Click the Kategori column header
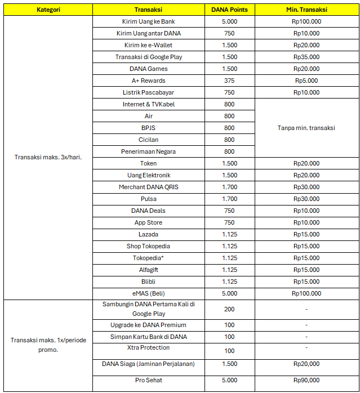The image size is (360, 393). (x=48, y=10)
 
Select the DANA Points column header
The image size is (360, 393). (x=229, y=10)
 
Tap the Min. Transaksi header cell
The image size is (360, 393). (x=306, y=10)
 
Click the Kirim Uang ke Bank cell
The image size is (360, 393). (x=149, y=21)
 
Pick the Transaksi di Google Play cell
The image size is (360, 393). (x=149, y=57)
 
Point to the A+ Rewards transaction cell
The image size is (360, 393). (x=149, y=81)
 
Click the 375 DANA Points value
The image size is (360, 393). (x=229, y=81)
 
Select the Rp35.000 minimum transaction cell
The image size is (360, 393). (x=306, y=57)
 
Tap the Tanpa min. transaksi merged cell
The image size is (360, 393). (x=306, y=128)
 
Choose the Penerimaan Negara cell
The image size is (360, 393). (x=149, y=151)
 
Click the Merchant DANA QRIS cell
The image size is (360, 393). (x=149, y=187)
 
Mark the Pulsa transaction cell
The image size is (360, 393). (x=149, y=199)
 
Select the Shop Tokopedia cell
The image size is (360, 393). (x=149, y=246)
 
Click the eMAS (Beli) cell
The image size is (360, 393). (x=149, y=293)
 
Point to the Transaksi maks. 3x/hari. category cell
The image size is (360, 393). (x=48, y=157)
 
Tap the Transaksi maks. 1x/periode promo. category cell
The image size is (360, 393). (x=48, y=345)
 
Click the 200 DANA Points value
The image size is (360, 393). (x=229, y=309)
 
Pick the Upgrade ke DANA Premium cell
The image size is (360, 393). (x=149, y=325)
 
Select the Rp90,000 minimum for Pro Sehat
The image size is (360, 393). (x=306, y=380)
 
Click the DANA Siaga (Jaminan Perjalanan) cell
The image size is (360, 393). (x=149, y=364)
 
